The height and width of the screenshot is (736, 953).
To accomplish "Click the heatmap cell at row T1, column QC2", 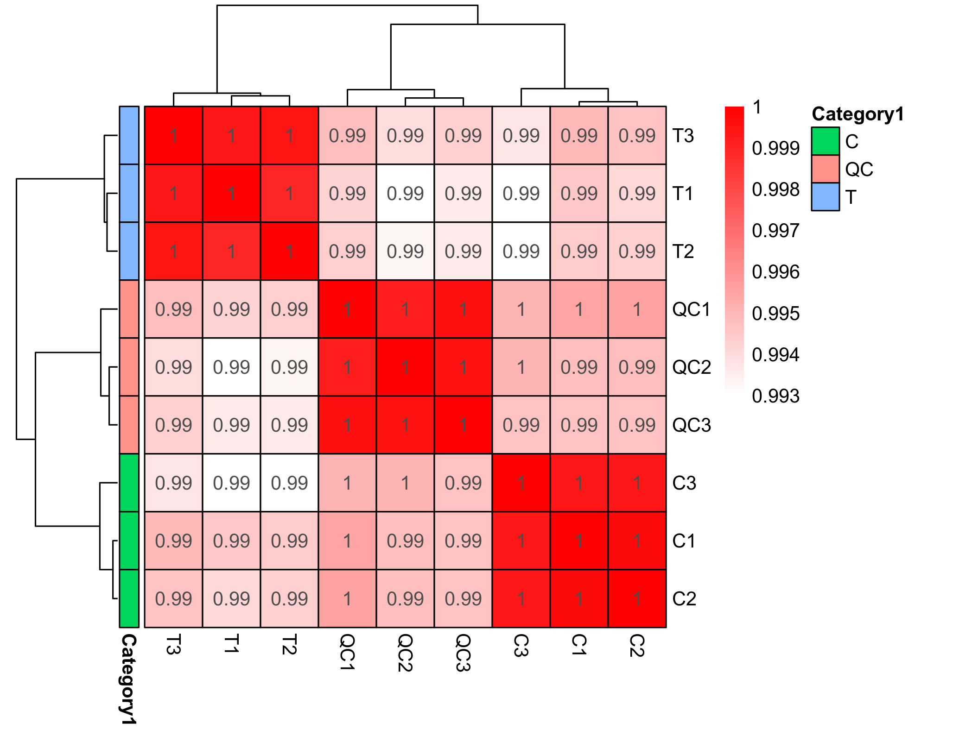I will click(405, 193).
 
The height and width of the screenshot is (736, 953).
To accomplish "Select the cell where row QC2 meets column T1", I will click(231, 367).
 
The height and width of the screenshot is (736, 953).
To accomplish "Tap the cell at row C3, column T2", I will click(289, 483).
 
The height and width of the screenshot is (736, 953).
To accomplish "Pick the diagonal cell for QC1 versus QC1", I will click(347, 309).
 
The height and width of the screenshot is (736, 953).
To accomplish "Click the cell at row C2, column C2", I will click(637, 598).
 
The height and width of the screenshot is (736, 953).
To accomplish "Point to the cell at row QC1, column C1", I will click(579, 309).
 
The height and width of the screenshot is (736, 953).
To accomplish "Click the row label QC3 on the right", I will click(691, 425).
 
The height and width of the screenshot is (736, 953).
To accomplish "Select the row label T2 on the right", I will click(683, 251).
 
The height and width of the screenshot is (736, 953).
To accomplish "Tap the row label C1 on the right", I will click(684, 541).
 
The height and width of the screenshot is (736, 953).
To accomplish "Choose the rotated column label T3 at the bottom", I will click(173, 644).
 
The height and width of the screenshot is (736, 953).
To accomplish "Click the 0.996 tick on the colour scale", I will click(775, 272).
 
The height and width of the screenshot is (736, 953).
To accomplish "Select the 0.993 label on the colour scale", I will click(775, 396).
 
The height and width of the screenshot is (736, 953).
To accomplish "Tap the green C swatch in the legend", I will click(825, 141).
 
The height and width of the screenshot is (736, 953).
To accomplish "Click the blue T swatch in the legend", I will click(825, 197).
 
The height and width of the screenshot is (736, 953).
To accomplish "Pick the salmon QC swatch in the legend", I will click(825, 169).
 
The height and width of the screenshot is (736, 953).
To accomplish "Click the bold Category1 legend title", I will click(858, 114).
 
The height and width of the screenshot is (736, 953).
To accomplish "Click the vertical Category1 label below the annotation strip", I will click(129, 679).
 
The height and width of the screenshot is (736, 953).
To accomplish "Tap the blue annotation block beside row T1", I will click(129, 193).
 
